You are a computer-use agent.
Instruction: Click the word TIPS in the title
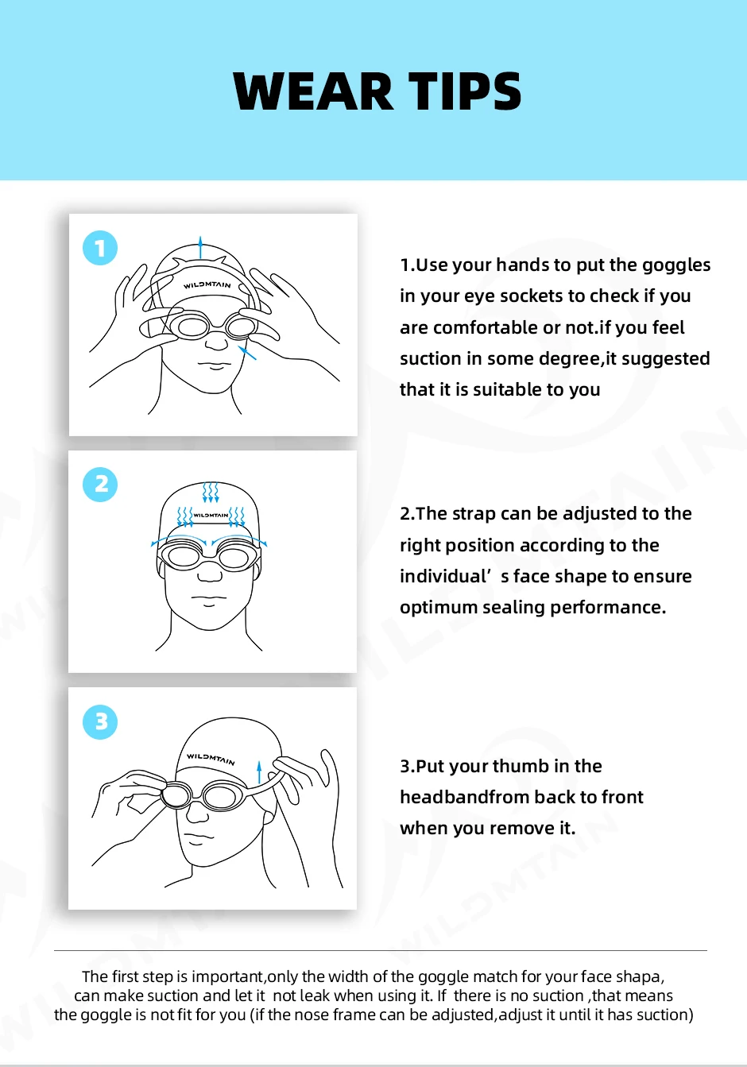(465, 92)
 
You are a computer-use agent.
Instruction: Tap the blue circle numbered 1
(100, 249)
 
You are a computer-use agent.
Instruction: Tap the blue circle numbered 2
(100, 485)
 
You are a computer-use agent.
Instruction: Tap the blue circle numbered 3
(100, 721)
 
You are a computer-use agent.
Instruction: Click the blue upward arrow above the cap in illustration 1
(200, 245)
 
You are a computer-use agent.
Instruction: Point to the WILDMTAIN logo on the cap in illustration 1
(207, 284)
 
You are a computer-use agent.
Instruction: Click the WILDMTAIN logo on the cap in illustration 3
(211, 758)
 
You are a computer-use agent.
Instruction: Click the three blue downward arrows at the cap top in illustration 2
(211, 492)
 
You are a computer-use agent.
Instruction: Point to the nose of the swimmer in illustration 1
(216, 343)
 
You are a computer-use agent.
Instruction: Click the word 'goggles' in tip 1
(676, 265)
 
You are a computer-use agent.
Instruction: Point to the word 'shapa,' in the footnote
(639, 977)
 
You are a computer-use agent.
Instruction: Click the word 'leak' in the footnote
(315, 996)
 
